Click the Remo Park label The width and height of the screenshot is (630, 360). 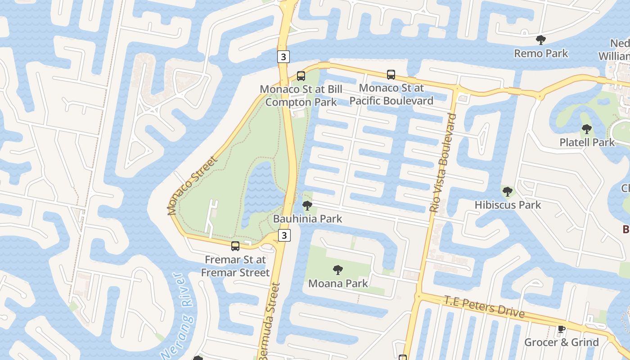(541, 54)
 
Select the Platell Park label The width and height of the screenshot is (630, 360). (587, 142)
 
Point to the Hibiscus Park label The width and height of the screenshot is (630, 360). (508, 205)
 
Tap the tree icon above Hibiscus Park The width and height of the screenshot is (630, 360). (508, 192)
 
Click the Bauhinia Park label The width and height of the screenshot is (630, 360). (308, 219)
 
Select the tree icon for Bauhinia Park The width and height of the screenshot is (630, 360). (307, 206)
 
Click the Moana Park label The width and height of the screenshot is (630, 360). (338, 283)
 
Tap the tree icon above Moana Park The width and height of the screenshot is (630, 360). (337, 270)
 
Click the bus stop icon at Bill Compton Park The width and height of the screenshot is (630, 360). (301, 76)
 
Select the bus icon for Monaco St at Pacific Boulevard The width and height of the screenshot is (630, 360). (391, 75)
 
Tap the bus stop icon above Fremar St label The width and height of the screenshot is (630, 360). (235, 246)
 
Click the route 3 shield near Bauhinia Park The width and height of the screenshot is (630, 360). (283, 235)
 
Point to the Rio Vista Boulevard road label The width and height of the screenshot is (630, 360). (443, 163)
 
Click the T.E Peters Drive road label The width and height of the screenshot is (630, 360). (484, 307)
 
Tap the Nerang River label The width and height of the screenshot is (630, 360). (179, 315)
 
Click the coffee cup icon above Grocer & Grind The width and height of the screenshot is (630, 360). (561, 329)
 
